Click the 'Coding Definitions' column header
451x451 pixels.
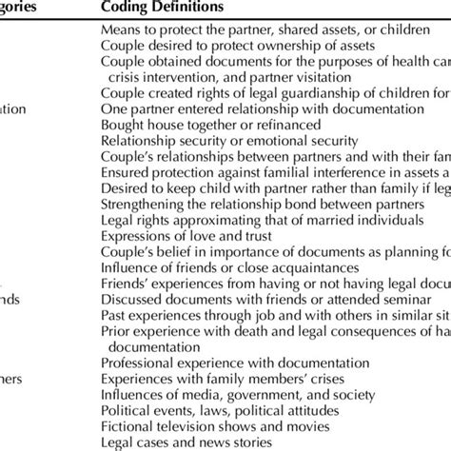pos(163,9)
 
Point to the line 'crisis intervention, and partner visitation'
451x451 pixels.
pos(240,81)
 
